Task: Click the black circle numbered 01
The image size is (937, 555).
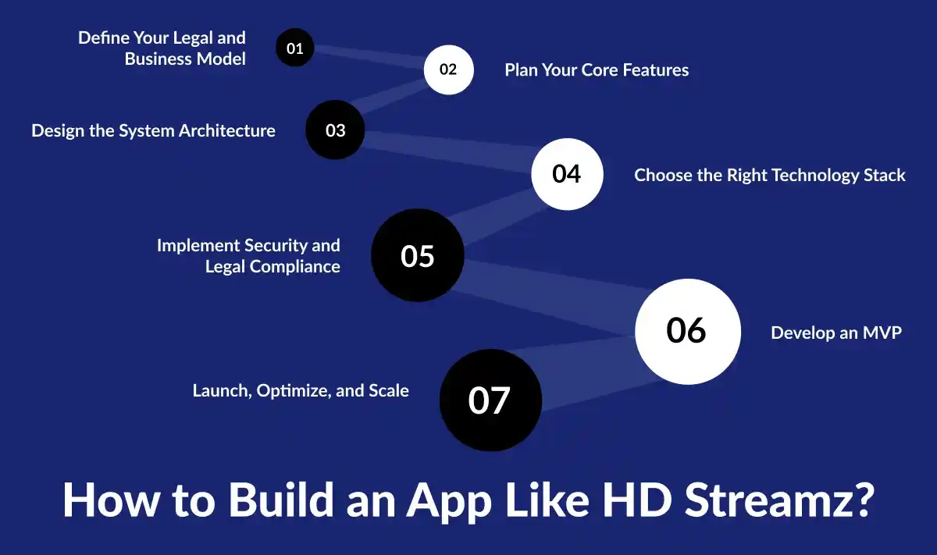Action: click(295, 48)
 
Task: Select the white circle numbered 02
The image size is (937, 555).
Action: click(448, 69)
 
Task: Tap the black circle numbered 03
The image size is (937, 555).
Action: click(335, 130)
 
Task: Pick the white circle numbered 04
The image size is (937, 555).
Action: click(567, 173)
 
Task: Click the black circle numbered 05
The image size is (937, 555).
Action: click(418, 255)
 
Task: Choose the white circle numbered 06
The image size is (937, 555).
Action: click(687, 330)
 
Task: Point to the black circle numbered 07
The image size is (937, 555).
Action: click(490, 400)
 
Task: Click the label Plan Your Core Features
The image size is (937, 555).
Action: click(597, 69)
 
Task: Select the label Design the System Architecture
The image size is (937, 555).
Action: click(153, 130)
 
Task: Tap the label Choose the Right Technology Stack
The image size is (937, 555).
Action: click(769, 175)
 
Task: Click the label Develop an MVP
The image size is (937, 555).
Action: click(835, 333)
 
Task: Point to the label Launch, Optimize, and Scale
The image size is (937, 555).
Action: click(301, 390)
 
